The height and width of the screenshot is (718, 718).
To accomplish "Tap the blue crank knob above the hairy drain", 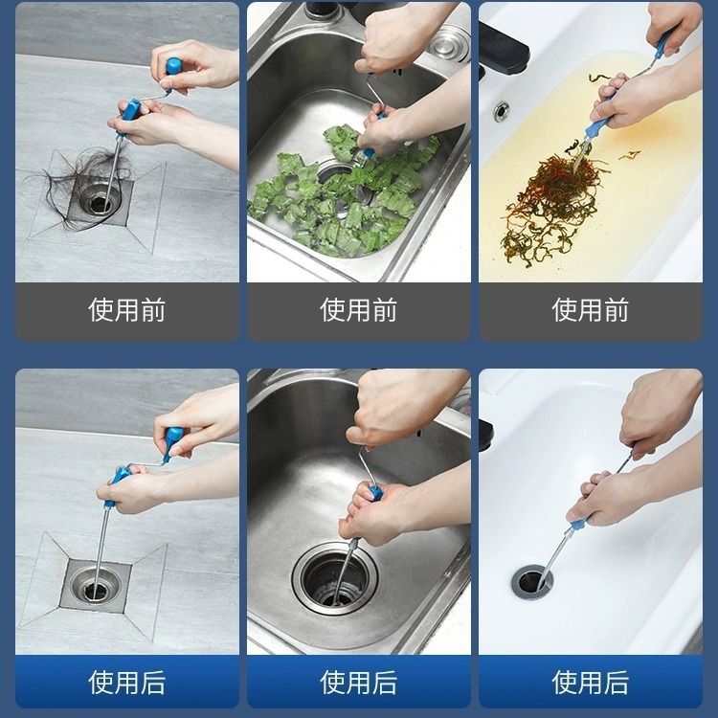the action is [174, 67].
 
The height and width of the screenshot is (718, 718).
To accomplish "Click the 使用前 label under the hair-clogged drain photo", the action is [126, 310].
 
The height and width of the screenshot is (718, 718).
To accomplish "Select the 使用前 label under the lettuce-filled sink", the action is [359, 310].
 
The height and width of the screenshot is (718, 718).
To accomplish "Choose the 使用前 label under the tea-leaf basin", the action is [591, 310].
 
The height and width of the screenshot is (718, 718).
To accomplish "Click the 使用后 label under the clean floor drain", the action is [126, 683].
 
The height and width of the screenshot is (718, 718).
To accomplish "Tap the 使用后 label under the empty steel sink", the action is [359, 683].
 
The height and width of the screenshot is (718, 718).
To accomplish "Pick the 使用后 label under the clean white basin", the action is [591, 683].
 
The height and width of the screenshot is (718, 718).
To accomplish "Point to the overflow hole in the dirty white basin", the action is [501, 111].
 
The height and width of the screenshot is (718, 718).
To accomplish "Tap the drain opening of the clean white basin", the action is [531, 582].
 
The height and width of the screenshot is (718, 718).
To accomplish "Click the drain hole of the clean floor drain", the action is [95, 591].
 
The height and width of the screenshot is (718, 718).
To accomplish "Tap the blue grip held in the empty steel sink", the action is [374, 492].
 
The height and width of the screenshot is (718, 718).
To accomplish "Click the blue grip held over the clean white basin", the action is [580, 523].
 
